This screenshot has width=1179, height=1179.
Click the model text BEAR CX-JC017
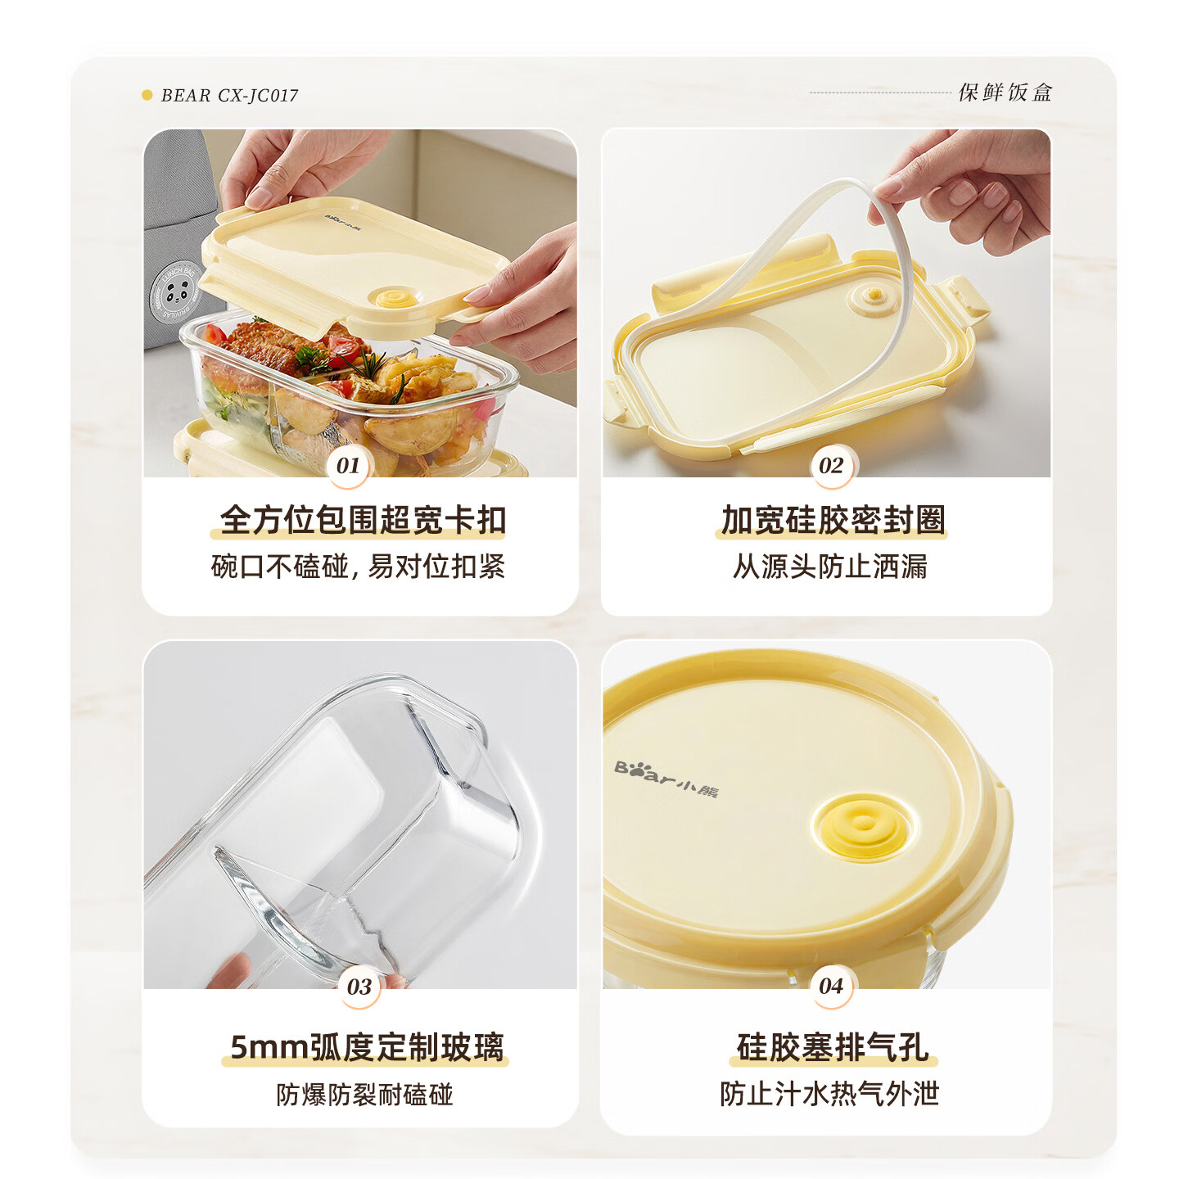229,96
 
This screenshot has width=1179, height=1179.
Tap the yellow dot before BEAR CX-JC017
147,95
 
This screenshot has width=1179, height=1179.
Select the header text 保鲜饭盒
1005,93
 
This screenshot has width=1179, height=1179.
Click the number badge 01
348,466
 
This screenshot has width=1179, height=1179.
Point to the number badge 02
831,466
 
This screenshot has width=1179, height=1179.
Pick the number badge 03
359,987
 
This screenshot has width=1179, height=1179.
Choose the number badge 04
831,987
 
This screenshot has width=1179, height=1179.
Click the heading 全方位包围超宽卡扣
363,520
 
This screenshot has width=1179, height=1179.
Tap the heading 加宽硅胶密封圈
833,520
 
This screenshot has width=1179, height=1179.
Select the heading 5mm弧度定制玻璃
367,1047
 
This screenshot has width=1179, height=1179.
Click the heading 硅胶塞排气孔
833,1047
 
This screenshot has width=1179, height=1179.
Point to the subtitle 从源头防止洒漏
830,567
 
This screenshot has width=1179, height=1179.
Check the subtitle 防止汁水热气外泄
829,1094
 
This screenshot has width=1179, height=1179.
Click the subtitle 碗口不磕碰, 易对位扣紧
358,567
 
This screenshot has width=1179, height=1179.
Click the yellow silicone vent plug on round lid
862,825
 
